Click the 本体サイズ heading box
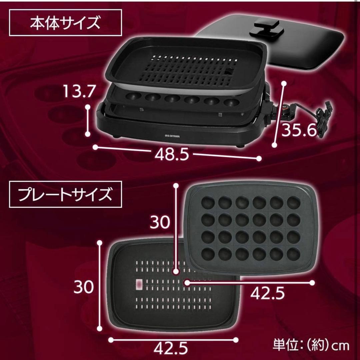pyautogui.click(x=65, y=23)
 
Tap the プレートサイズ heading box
pyautogui.click(x=65, y=194)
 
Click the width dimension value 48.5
pyautogui.click(x=172, y=154)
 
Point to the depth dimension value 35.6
pyautogui.click(x=299, y=130)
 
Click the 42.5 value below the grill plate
pyautogui.click(x=171, y=348)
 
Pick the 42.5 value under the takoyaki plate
pyautogui.click(x=267, y=293)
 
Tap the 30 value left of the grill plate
pyautogui.click(x=84, y=287)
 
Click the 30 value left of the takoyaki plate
pyautogui.click(x=160, y=222)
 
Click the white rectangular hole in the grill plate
pyautogui.click(x=139, y=284)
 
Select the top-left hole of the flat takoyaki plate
pyautogui.click(x=208, y=203)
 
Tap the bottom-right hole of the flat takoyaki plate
pyautogui.click(x=294, y=254)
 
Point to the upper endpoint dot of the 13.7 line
pyautogui.click(x=87, y=107)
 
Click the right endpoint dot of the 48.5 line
pyautogui.click(x=259, y=158)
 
